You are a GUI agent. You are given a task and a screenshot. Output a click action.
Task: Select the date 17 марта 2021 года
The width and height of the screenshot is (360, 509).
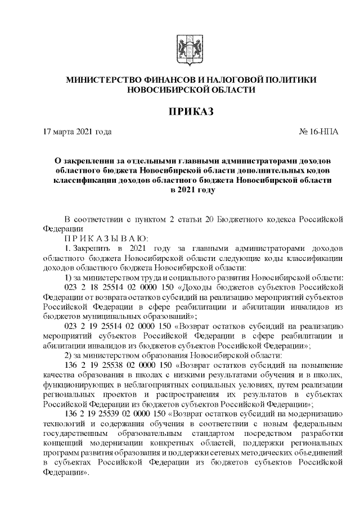point(78,132)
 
